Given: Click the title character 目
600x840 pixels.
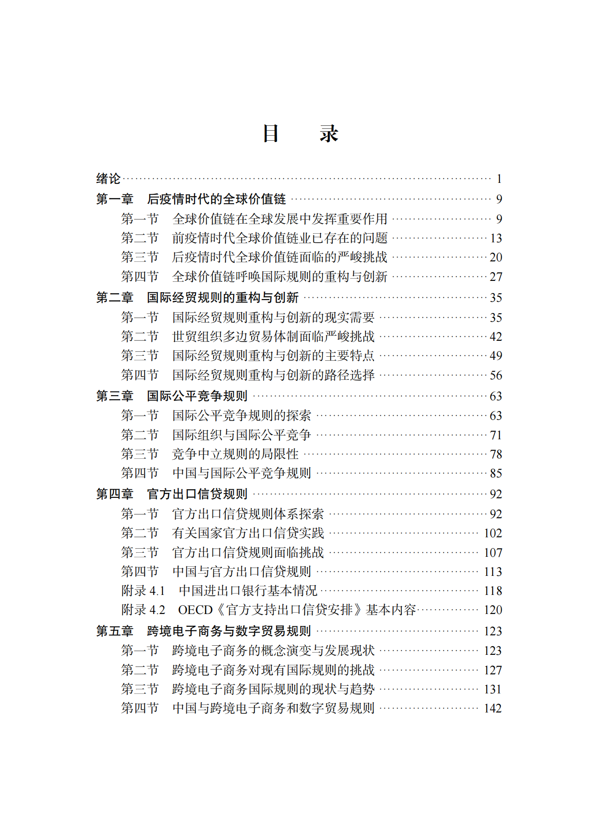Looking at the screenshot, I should [x=271, y=134].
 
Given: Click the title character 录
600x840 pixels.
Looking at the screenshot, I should [x=329, y=134].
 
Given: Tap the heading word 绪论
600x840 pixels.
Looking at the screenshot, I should [x=108, y=179].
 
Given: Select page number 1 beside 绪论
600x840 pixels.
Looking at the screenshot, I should [x=499, y=179].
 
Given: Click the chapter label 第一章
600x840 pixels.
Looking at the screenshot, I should [x=115, y=199].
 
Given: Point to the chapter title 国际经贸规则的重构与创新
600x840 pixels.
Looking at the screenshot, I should [x=223, y=298].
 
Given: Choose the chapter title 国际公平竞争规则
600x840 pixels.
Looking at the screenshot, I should [x=197, y=396].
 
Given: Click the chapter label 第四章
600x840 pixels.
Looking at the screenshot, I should [x=115, y=494].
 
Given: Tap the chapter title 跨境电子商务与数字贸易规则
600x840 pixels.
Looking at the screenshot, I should [x=229, y=631].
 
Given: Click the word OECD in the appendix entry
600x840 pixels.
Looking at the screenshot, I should [x=195, y=610].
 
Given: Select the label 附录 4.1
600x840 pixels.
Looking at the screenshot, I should [x=143, y=591].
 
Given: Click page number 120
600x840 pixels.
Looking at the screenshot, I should [x=493, y=610].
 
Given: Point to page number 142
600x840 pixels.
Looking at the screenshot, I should [x=493, y=708].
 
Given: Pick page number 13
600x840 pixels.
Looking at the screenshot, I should [x=496, y=238].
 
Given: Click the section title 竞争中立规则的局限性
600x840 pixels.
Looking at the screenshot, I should [x=235, y=454].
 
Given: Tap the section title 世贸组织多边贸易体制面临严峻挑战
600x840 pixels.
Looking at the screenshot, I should [x=273, y=337].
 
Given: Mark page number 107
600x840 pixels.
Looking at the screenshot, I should [x=493, y=553].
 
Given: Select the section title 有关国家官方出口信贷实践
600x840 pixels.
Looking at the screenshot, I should [x=248, y=533].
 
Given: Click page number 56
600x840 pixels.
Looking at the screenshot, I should [x=496, y=375].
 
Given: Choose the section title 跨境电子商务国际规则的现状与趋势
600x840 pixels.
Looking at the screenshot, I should [x=273, y=689].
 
